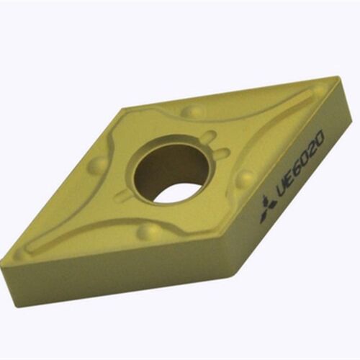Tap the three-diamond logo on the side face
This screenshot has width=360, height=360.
coord(267,208)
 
